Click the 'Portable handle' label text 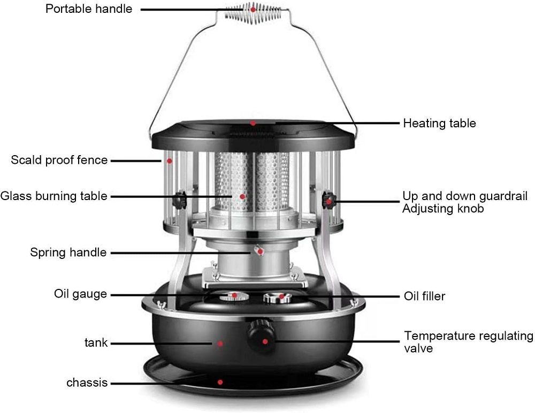point(89,9)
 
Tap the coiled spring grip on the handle point(253,14)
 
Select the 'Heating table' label point(439,123)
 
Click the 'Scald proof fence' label point(59,160)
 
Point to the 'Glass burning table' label point(54,196)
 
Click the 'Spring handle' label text point(68,252)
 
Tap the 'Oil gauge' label point(80,294)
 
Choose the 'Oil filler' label point(424,296)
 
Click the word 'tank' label point(96,342)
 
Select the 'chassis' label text point(87,383)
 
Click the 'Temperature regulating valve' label point(468,342)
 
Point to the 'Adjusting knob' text point(443,208)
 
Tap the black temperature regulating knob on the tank point(262,336)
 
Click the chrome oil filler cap point(277,297)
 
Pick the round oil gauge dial point(233,296)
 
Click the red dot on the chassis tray point(220,383)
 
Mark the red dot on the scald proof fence point(169,161)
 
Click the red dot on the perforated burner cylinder point(242,196)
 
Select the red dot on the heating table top point(253,123)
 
